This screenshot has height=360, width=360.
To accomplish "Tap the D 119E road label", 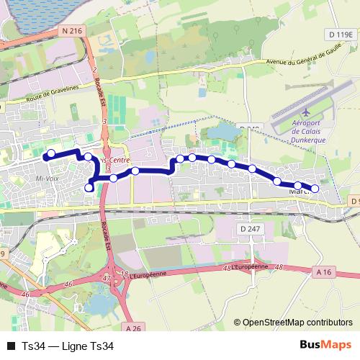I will tap(341, 34).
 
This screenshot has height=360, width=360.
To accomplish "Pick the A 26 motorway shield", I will tap(132, 328).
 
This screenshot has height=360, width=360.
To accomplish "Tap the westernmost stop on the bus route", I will tap(50, 153).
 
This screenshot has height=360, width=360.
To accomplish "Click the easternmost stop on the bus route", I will tap(314, 189).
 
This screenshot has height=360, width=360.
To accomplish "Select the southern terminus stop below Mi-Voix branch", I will tap(89, 187).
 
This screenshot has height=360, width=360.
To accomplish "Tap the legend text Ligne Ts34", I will tap(87, 346).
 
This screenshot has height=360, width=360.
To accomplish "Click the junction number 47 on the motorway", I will tap(107, 277).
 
